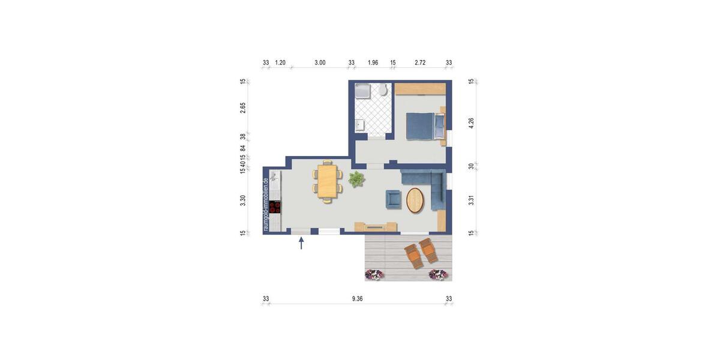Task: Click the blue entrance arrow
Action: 301,243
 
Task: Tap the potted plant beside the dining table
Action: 356,178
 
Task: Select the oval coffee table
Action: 415,200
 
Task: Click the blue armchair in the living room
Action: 393,199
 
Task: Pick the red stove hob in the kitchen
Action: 275,207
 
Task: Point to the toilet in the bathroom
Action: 383,91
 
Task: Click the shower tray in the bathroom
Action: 363,91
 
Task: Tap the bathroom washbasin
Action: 359,125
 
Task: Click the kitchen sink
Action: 274,177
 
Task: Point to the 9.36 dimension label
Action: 357,299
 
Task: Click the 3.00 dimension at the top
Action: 320,62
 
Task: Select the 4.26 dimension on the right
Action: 471,122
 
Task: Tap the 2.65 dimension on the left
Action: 243,107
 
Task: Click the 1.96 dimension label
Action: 373,62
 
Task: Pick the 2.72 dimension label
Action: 420,62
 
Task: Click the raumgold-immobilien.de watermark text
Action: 265,205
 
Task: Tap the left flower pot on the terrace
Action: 374,275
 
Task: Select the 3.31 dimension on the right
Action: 471,200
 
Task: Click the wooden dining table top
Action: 327,181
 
